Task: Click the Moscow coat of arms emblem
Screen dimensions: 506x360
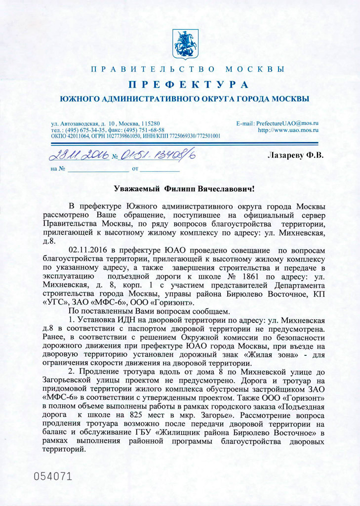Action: pyautogui.click(x=185, y=44)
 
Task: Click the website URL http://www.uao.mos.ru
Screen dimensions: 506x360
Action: pyautogui.click(x=288, y=129)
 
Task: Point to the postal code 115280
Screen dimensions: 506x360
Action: pyautogui.click(x=150, y=123)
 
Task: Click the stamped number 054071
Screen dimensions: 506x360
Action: pyautogui.click(x=53, y=476)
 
